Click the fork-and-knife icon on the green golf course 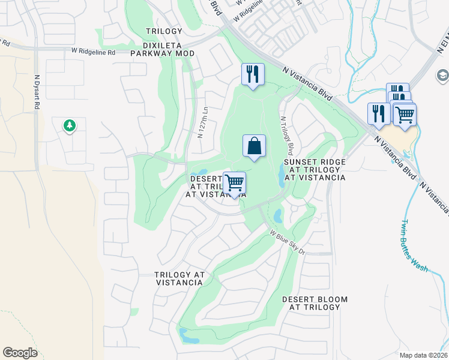pos(252,74)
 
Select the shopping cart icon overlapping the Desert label pos(234,182)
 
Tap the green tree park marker pos(70,125)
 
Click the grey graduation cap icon pos(442,76)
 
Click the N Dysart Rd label pos(37,91)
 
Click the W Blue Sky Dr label pos(287,243)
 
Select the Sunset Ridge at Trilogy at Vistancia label pos(315,170)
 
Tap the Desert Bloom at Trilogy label pos(315,303)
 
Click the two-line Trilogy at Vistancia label pos(179,278)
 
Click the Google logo pos(20,353)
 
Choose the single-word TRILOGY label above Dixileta pos(164,31)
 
